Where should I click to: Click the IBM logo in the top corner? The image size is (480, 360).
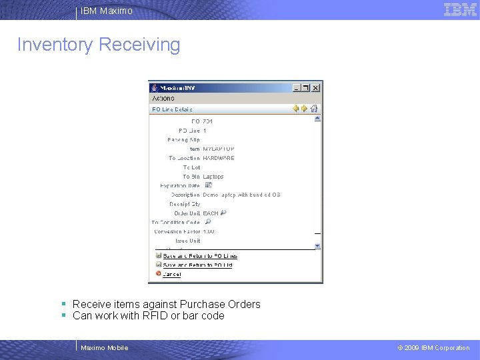[460, 9]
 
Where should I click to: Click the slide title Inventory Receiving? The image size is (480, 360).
[99, 45]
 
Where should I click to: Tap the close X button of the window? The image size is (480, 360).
[316, 87]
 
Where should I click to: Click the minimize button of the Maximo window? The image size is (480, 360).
[297, 87]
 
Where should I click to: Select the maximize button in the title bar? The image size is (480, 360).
[306, 87]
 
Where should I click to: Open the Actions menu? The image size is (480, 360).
[163, 98]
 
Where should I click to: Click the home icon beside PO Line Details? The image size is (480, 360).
[314, 109]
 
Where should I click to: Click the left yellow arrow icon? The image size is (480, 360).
[296, 109]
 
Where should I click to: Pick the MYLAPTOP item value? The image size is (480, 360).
[219, 149]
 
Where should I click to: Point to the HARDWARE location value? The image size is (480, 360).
[219, 158]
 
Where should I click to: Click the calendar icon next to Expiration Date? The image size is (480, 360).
[208, 185]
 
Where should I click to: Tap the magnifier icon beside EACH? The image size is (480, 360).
[223, 213]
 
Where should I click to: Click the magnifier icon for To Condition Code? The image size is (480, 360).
[208, 222]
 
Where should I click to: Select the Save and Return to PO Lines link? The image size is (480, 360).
[200, 256]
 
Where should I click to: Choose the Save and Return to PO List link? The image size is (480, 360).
[197, 265]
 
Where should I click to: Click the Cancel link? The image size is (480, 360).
[171, 274]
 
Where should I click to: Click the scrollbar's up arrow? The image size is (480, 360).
[317, 119]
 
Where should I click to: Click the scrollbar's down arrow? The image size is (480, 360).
[317, 245]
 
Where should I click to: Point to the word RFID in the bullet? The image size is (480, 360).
[155, 316]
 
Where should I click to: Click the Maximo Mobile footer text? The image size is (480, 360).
[104, 347]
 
